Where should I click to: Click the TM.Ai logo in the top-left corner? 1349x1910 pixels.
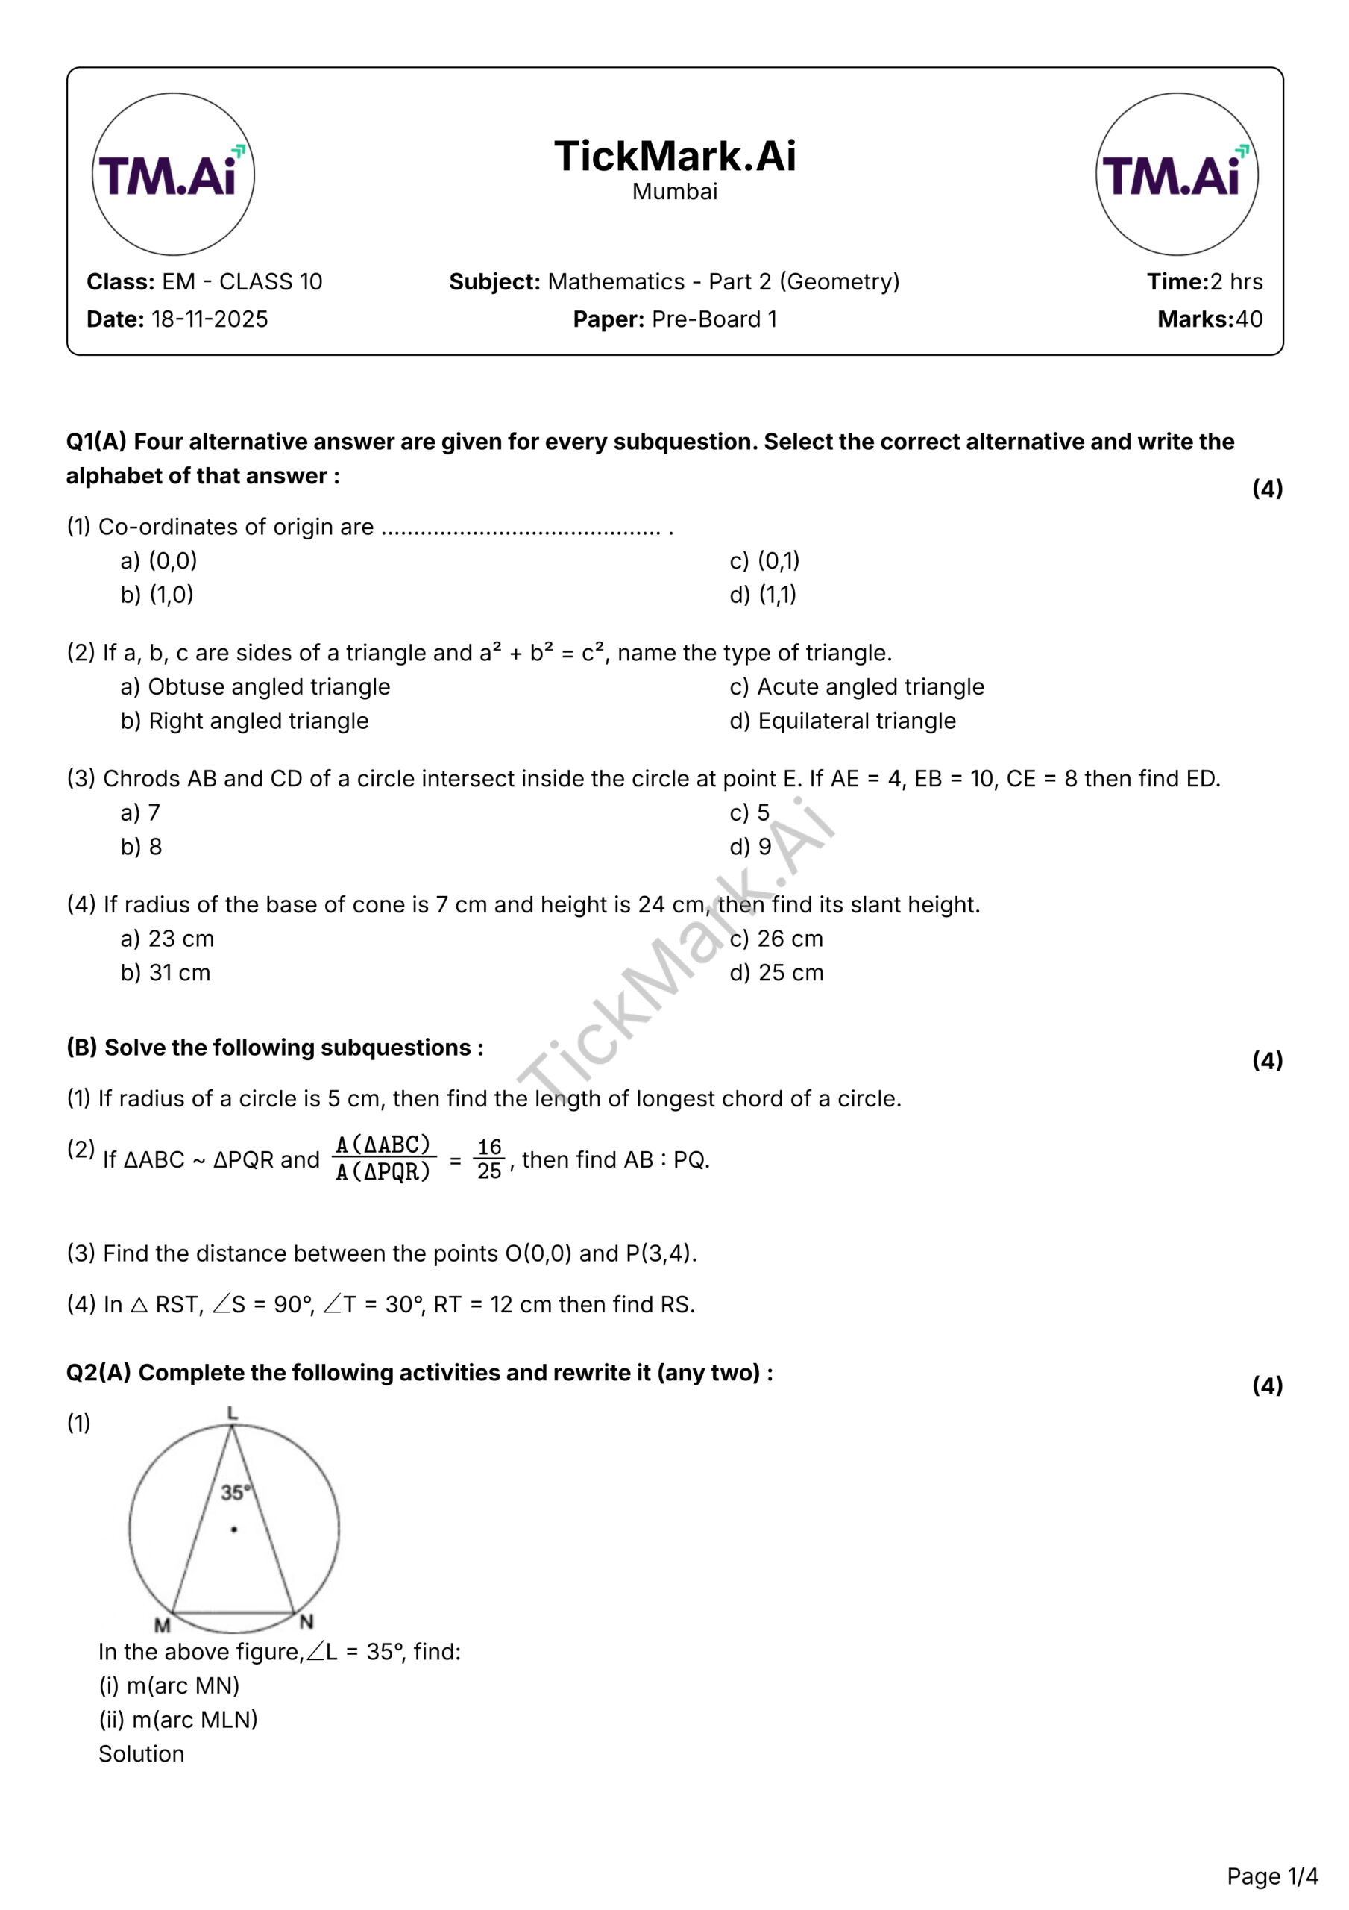coord(173,174)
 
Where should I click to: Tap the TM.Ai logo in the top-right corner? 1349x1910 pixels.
coord(1176,174)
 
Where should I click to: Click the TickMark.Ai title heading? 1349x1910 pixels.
coord(674,157)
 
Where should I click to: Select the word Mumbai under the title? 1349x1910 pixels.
coord(674,192)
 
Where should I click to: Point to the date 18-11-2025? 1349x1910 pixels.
coord(210,319)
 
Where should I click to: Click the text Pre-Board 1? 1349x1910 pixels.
coord(714,319)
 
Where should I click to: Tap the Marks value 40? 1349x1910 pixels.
coord(1248,319)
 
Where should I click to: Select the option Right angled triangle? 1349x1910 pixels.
coord(258,721)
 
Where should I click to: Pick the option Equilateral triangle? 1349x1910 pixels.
coord(857,721)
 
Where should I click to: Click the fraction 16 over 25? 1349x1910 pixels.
coord(489,1159)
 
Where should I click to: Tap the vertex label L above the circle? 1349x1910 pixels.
coord(232,1412)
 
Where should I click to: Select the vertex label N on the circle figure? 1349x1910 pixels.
coord(306,1621)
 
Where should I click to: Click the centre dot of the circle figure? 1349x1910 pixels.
coord(235,1529)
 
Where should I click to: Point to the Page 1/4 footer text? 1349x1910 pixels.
coord(1271,1876)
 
